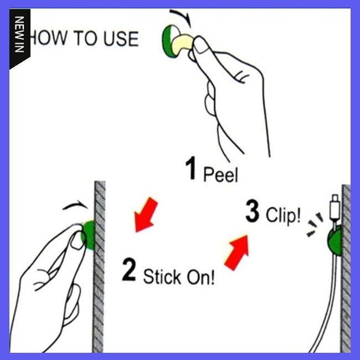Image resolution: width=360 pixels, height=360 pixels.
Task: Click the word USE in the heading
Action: coord(121,39)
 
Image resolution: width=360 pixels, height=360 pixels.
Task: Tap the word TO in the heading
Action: coord(85,38)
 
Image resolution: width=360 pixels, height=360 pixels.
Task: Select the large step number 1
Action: coord(191,168)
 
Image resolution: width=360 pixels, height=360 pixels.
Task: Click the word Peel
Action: coord(220,174)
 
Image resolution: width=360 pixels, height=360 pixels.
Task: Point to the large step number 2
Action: coord(129,269)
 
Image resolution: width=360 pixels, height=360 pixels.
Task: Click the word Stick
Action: coord(162,276)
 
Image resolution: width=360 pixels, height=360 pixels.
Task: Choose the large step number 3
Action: coord(253,211)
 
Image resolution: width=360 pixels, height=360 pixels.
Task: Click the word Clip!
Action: coord(283,215)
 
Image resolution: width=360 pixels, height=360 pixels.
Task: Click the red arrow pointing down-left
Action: coord(146,215)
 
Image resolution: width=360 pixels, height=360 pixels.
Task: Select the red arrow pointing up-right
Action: coord(236,253)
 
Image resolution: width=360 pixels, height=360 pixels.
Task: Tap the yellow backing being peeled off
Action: coord(182,44)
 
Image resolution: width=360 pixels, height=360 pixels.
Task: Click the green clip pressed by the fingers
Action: coord(89,235)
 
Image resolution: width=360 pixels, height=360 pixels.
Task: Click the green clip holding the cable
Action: coord(335,240)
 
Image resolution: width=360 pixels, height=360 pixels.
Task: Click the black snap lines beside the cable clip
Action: coord(315,224)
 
